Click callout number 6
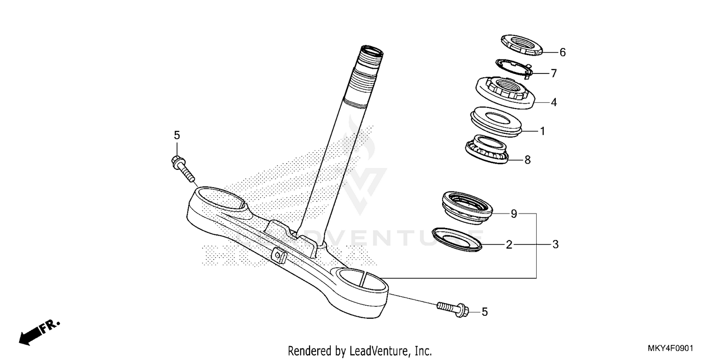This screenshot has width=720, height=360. tap(563, 53)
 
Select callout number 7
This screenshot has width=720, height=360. tap(553, 73)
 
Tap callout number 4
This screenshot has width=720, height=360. tap(553, 102)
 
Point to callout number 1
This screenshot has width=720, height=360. tap(542, 131)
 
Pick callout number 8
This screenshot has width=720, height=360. tap(528, 160)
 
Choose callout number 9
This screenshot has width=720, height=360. tap(514, 214)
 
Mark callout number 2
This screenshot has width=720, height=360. tap(509, 245)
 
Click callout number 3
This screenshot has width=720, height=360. tap(555, 245)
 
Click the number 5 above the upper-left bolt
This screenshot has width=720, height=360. tap(177, 136)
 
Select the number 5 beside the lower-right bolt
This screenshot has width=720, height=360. tap(484, 312)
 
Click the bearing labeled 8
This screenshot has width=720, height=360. tap(488, 149)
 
